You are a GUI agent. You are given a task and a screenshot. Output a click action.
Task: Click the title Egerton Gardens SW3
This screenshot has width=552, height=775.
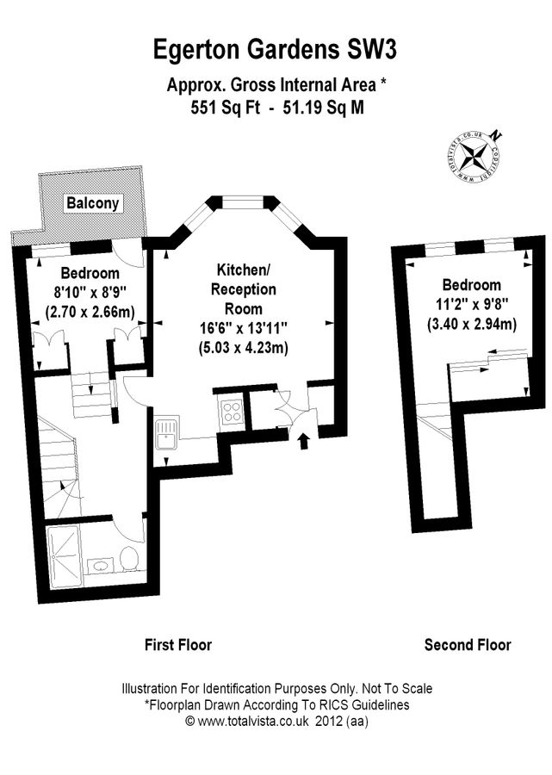[276, 50]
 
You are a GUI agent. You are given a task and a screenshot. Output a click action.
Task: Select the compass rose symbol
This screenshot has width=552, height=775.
[474, 158]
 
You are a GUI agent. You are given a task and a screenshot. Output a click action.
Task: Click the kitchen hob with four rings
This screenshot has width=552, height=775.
[231, 412]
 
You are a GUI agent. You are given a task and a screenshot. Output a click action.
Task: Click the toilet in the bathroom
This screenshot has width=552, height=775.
[130, 558]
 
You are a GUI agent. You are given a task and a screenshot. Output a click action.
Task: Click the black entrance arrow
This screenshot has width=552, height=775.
[302, 442]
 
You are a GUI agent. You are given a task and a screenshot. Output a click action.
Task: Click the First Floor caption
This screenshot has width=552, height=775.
[177, 644]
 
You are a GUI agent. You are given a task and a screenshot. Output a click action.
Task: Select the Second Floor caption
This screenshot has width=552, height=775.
[468, 644]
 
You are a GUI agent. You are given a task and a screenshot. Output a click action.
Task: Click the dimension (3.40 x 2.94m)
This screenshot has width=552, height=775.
[471, 324]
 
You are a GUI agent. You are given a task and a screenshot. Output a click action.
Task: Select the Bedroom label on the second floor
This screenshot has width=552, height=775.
[471, 285]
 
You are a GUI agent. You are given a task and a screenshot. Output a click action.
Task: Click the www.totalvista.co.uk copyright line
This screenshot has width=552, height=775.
[276, 723]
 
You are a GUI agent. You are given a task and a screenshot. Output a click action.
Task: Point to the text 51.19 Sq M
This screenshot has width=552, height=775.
[330, 108]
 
